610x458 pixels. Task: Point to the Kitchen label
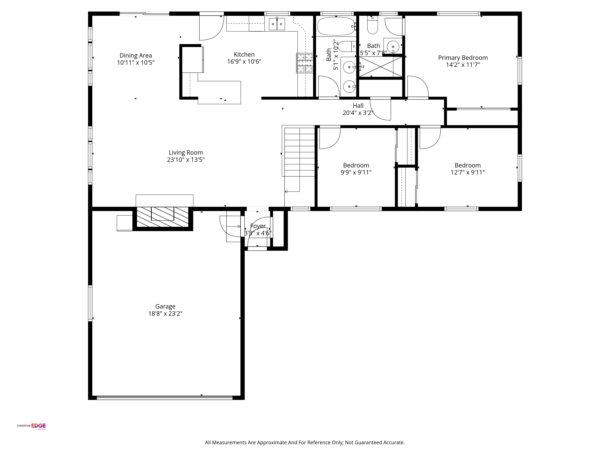click(244, 54)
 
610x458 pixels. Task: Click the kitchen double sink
click(277, 24)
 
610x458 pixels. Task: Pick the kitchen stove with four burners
click(305, 63)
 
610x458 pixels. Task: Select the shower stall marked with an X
click(380, 67)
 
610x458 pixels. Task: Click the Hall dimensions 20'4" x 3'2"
click(358, 113)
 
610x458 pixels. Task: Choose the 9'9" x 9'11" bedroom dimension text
click(356, 172)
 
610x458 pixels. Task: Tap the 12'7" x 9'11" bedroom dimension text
click(468, 172)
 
